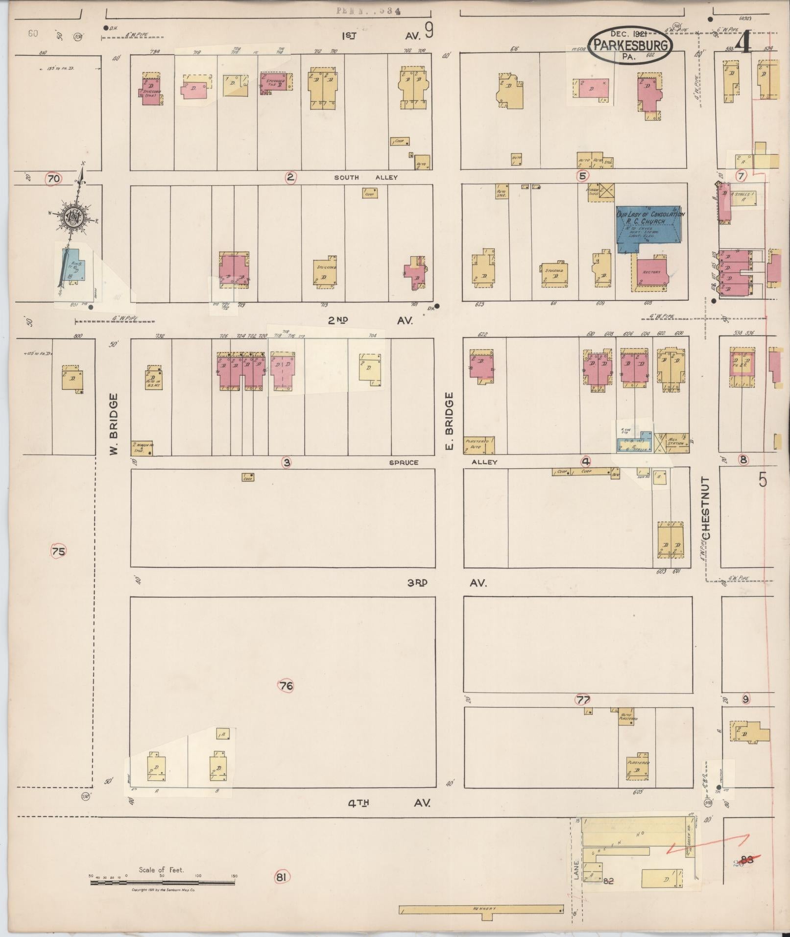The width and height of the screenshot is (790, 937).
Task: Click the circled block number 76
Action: point(287,686)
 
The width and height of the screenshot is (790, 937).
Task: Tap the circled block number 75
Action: point(58,552)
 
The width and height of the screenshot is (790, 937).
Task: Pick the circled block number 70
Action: point(53,179)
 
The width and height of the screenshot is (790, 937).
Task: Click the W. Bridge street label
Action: point(114,424)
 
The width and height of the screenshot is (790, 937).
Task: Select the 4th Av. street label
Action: point(389,803)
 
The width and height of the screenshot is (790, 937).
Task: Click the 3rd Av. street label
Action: point(446,583)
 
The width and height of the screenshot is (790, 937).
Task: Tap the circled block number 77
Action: point(583,699)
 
